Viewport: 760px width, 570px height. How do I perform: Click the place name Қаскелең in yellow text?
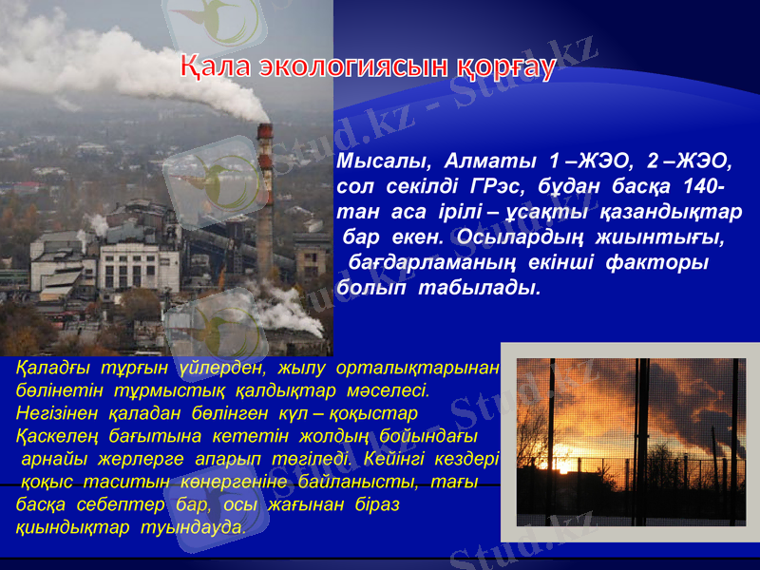54,436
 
